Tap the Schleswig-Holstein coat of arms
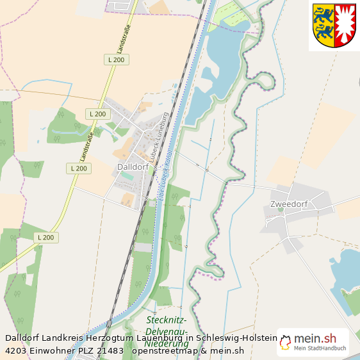tap(333, 26)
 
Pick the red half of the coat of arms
tap(345, 24)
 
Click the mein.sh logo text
tap(315, 338)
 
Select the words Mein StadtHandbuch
tap(320, 348)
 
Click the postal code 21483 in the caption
tap(109, 350)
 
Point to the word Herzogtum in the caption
tap(107, 338)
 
